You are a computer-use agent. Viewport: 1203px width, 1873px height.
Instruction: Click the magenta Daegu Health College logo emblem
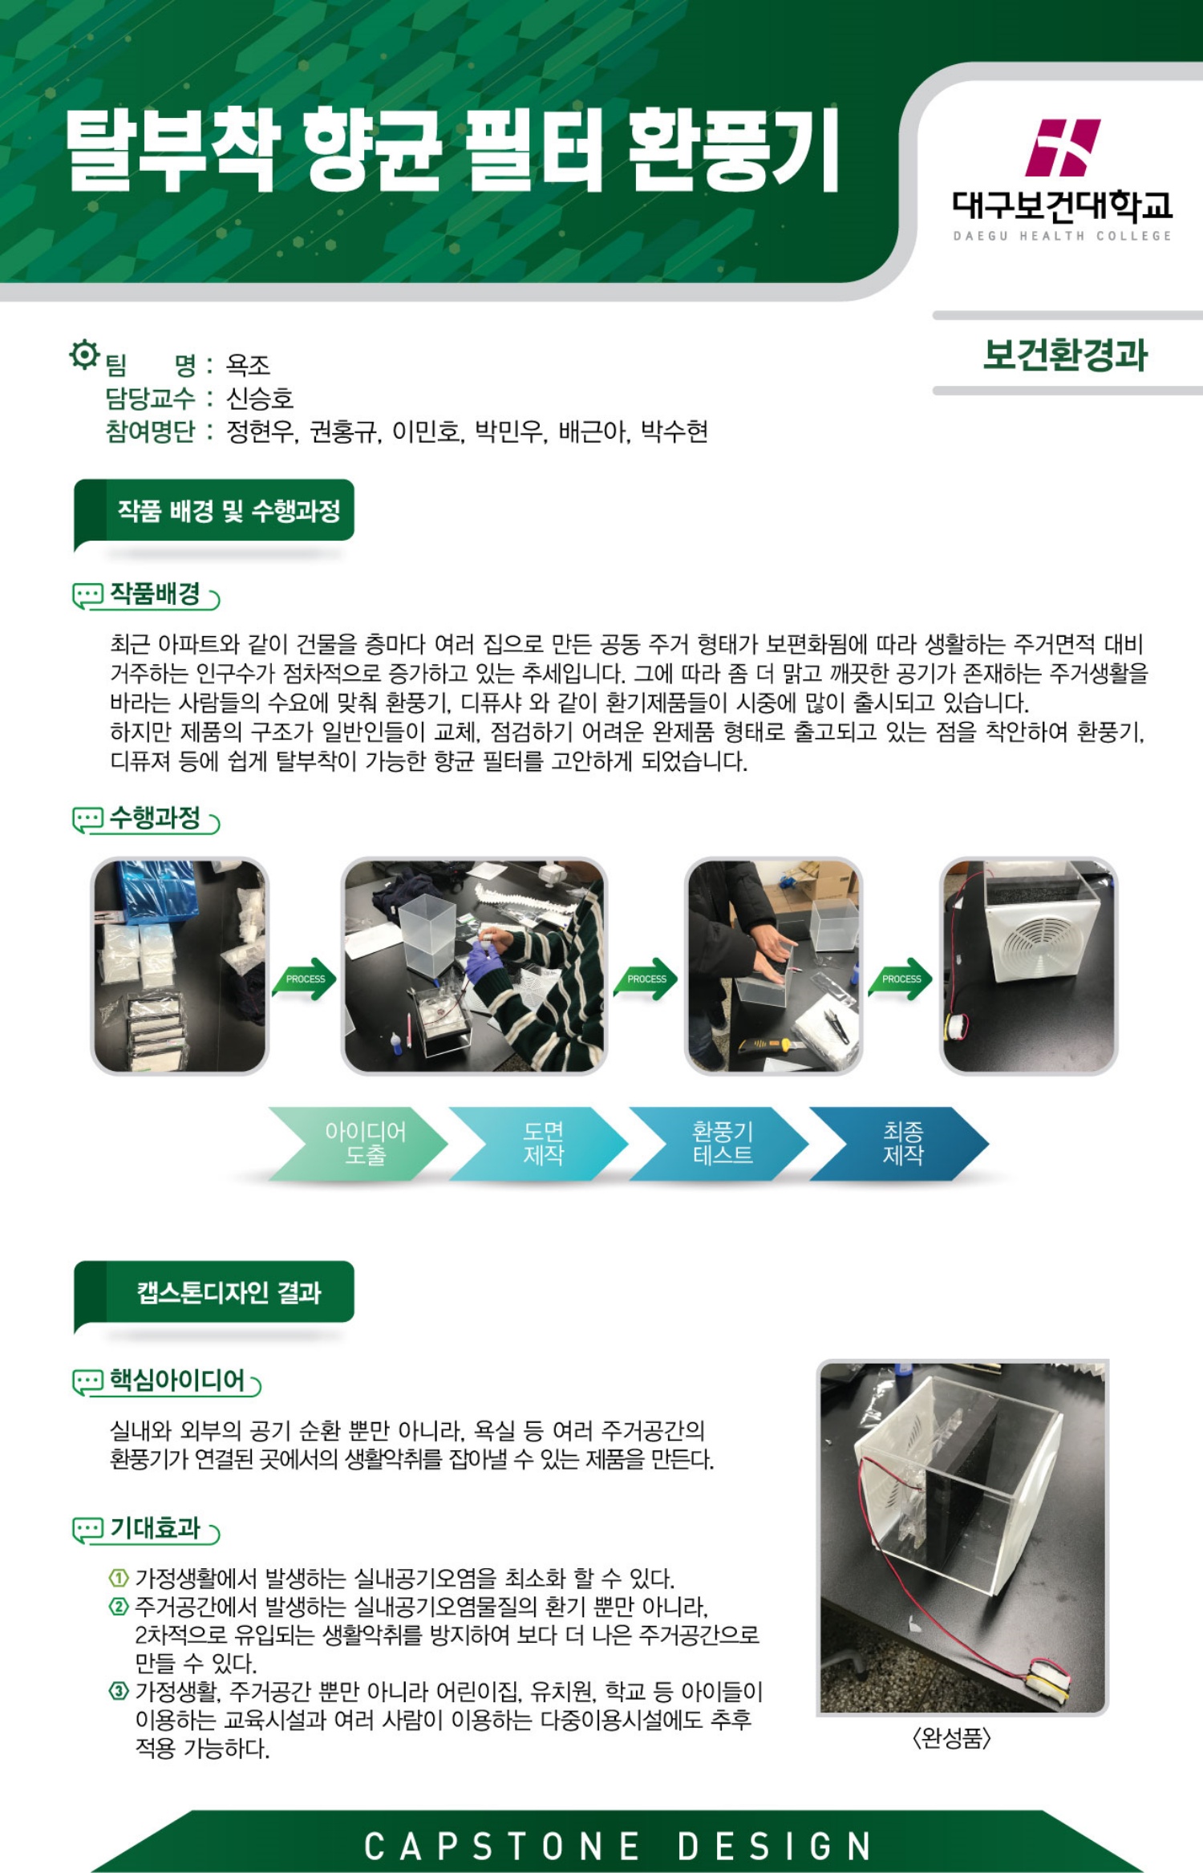click(1063, 148)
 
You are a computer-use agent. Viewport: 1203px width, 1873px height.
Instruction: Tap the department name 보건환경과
click(1066, 355)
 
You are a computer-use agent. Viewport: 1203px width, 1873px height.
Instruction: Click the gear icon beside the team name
click(84, 354)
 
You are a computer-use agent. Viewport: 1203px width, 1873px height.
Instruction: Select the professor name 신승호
click(260, 398)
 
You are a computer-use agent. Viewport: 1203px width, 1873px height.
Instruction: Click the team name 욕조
click(248, 365)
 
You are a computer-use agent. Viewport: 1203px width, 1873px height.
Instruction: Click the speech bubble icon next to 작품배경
click(87, 596)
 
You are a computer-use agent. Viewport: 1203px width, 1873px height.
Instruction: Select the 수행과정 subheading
click(155, 817)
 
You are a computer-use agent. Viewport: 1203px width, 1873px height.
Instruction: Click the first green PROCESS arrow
click(305, 979)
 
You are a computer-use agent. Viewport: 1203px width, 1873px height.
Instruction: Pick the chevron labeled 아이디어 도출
click(358, 1144)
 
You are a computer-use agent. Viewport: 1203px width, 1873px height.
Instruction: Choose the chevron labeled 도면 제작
click(538, 1144)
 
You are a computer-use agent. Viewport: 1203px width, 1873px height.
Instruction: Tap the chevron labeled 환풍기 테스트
click(719, 1144)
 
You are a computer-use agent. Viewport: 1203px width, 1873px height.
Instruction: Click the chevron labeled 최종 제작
click(899, 1144)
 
